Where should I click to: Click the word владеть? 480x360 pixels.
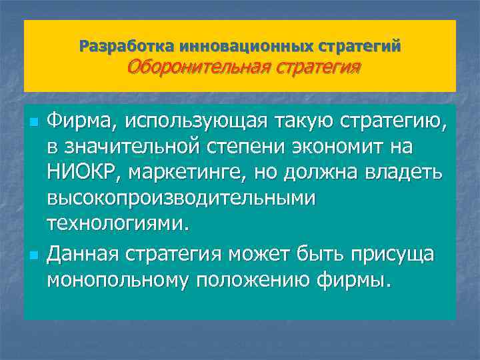tap(405, 171)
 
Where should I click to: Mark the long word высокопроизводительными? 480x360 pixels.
tap(182, 197)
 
